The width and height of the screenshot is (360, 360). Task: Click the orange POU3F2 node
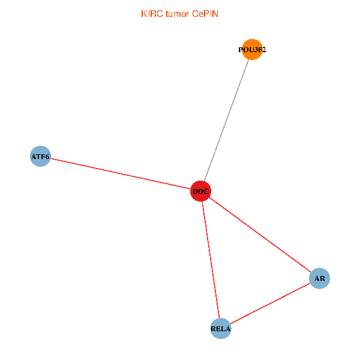coord(253,50)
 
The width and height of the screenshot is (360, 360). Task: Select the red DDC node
coord(200,191)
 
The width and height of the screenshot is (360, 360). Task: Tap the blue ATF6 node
coord(40,157)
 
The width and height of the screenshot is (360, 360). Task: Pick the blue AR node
coord(319,278)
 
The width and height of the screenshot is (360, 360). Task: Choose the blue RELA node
coord(221,328)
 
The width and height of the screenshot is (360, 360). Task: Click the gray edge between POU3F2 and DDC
coord(227,120)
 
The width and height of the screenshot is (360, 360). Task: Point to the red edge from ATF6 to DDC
coord(120,174)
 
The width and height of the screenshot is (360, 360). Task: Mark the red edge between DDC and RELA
coord(211,260)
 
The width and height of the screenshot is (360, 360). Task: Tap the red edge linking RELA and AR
coord(270,303)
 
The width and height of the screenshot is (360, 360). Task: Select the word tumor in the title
coord(178,14)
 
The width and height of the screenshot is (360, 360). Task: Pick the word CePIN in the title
coord(205,14)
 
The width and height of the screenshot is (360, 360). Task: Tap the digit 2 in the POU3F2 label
coord(263,50)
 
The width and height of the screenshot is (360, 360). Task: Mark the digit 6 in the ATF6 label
coord(47,157)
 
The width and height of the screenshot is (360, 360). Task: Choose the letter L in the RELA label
coord(223,329)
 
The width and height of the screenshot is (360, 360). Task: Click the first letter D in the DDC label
coord(195,192)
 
